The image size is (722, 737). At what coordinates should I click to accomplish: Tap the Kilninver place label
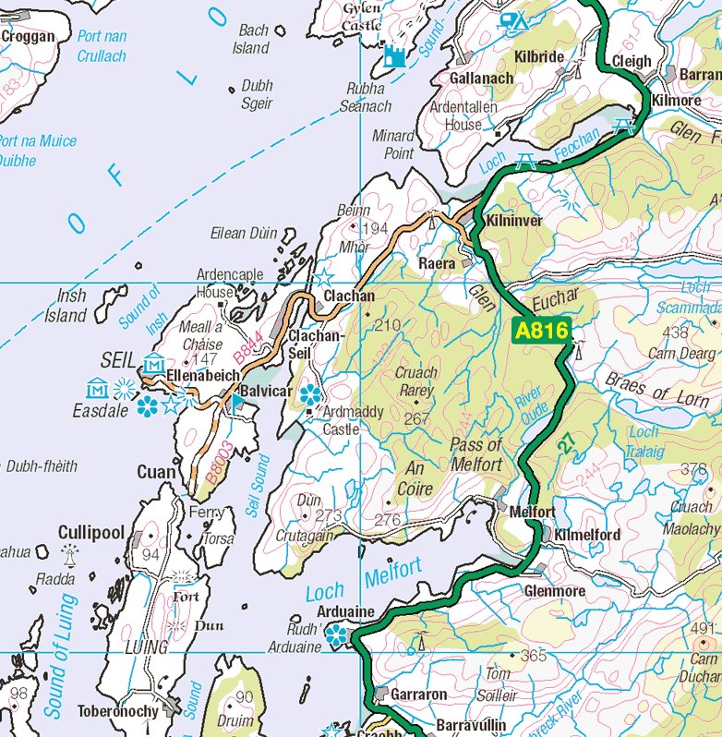[x=514, y=222]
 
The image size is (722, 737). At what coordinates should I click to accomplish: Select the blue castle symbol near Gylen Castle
[x=395, y=56]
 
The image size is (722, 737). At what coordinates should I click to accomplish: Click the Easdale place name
[x=101, y=411]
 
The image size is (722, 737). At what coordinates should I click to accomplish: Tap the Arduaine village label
[x=345, y=611]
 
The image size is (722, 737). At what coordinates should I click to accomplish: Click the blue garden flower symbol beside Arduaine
[x=337, y=634]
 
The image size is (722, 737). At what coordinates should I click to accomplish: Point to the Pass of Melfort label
[x=476, y=454]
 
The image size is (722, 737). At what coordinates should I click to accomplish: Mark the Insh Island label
[x=66, y=307]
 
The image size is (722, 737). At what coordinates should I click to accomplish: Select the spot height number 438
[x=676, y=332]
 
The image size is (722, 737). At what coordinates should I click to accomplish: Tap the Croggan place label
[x=28, y=37]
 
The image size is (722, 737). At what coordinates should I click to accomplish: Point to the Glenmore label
[x=554, y=591]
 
